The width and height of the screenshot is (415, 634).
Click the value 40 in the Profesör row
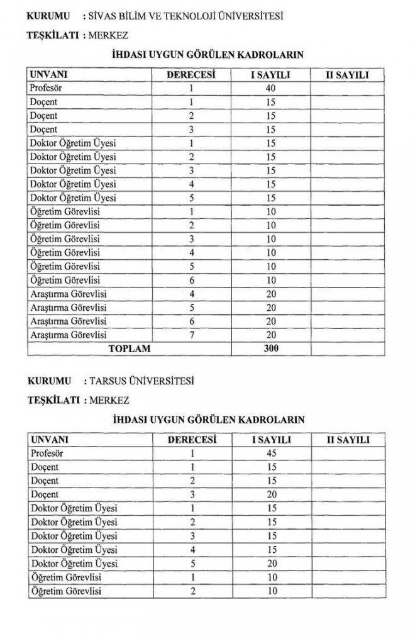coord(272,88)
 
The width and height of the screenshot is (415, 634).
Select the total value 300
coord(272,347)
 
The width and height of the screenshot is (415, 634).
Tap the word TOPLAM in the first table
coord(130,347)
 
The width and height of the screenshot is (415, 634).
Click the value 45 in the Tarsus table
coord(272,453)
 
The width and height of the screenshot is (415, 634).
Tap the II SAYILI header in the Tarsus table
coord(347,439)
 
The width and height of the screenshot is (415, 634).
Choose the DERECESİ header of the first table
coord(191,75)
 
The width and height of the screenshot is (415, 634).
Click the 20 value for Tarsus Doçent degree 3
coord(272,494)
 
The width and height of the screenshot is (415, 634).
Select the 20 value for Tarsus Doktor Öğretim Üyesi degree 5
coord(272,564)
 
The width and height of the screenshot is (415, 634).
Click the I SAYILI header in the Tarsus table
coord(272,439)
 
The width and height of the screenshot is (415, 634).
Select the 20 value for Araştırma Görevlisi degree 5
coord(272,306)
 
